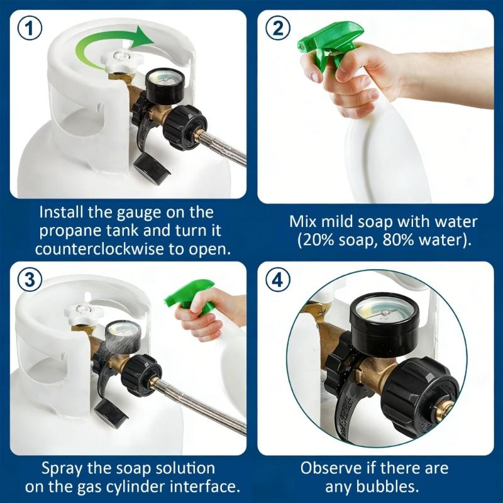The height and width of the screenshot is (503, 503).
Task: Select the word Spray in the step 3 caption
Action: pos(61,468)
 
